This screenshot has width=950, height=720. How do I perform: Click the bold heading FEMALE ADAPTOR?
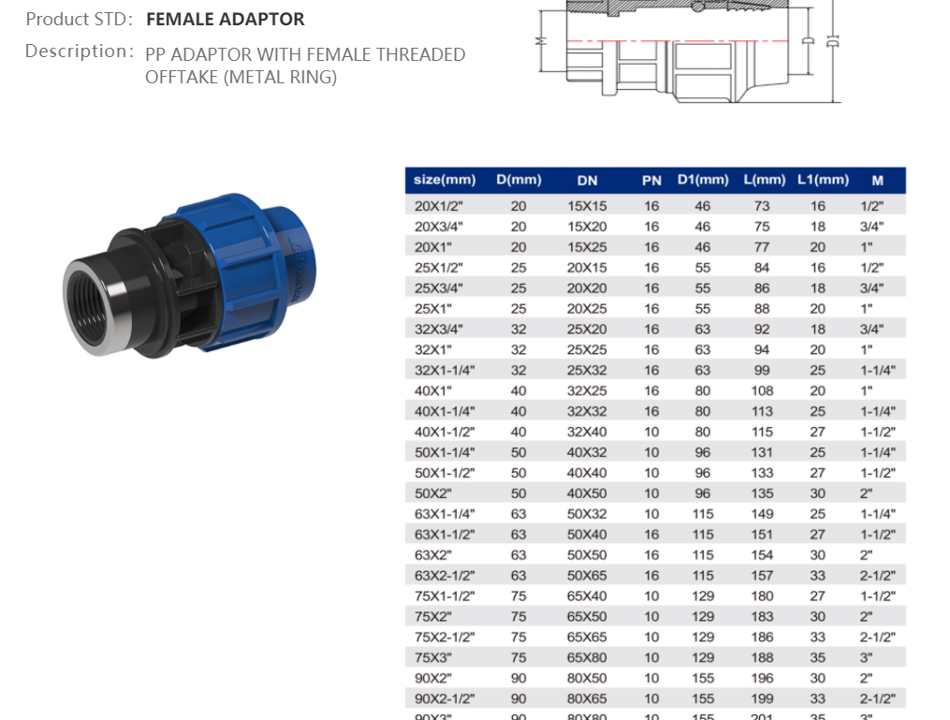225,19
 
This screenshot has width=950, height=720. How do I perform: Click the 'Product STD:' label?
80,19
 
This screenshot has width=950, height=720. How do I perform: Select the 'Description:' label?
79,51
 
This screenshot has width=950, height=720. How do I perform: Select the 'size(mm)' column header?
445,180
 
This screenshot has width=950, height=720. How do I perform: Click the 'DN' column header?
587,180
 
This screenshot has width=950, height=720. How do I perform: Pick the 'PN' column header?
651,180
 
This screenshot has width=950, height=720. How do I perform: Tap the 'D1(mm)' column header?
702,180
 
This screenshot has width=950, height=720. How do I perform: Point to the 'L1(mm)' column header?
823,180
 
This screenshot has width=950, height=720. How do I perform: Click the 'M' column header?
877,180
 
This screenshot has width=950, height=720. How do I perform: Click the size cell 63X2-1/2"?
445,576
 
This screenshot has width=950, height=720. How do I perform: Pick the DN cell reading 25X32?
587,370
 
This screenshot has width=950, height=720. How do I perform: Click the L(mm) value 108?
762,390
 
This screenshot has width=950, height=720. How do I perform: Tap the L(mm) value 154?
762,555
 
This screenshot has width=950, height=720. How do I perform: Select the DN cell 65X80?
587,657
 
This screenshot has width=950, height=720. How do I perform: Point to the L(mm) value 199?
762,698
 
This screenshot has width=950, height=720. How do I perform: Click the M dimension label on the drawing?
539,41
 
